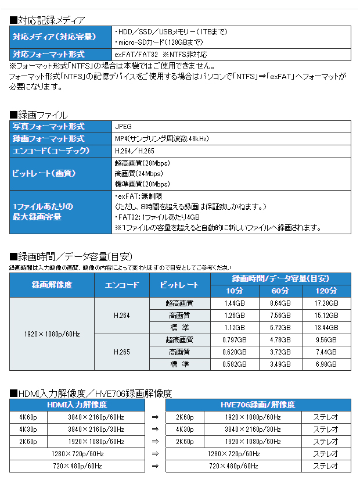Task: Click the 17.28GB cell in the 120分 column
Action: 326,303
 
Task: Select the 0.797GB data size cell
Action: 235,339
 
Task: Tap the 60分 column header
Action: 280,291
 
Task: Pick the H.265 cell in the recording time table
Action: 122,352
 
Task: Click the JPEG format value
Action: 124,126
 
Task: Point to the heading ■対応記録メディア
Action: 48,20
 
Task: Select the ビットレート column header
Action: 180,285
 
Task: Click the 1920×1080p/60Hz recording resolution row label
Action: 52,334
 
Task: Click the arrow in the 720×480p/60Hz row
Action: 155,466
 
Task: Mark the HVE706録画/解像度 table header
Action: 258,404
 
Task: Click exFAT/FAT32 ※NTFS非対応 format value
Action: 161,54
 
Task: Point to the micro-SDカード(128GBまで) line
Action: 159,42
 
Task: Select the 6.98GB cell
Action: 326,364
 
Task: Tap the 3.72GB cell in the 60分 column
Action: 280,352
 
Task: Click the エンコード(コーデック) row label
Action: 51,151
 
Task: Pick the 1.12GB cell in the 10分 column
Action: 235,327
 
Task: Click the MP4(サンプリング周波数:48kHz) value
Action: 161,138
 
